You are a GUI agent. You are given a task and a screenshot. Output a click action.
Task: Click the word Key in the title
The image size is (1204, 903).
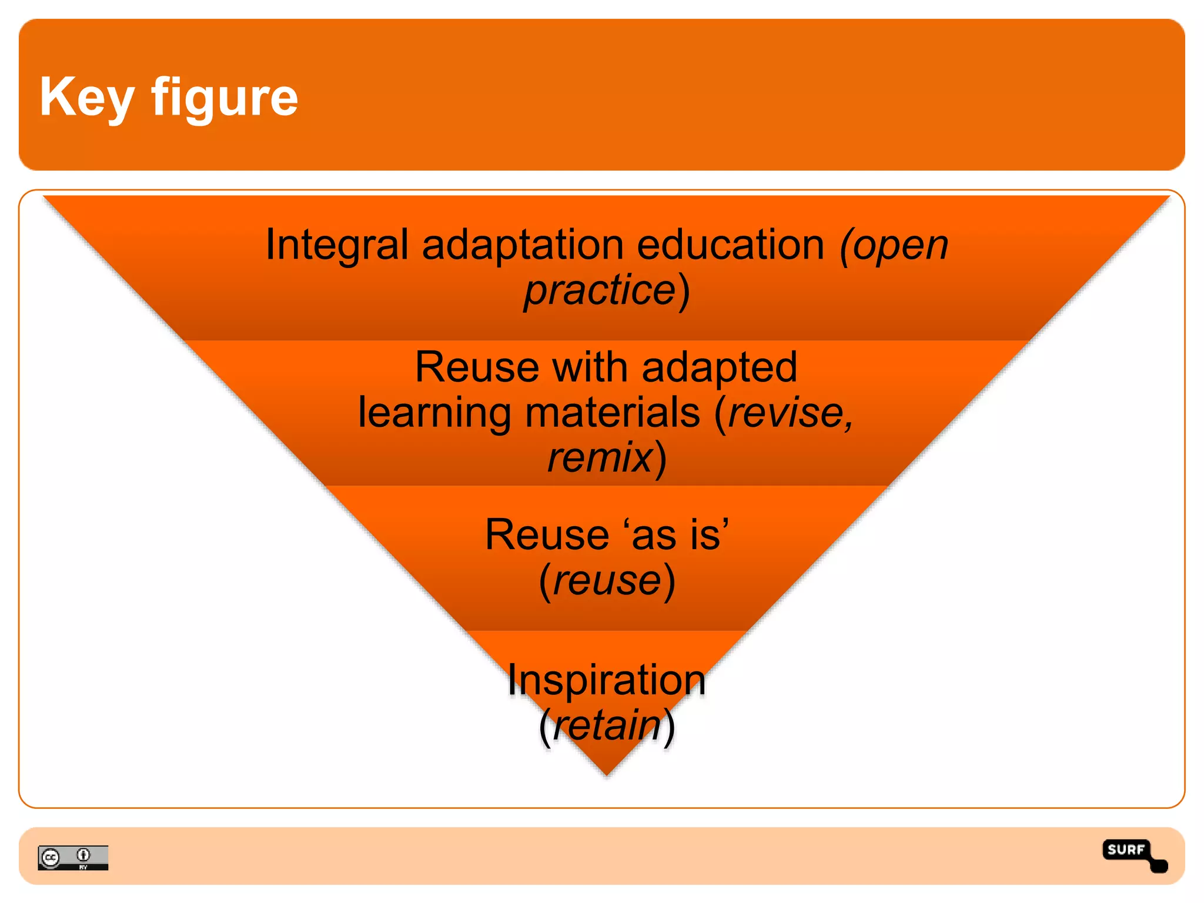86,98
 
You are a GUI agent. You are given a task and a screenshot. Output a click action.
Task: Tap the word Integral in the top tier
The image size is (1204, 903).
336,245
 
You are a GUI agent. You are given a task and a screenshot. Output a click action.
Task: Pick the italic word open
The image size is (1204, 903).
899,245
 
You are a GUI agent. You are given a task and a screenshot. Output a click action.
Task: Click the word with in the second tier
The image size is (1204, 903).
590,367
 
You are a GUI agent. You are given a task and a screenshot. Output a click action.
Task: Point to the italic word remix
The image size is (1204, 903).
600,457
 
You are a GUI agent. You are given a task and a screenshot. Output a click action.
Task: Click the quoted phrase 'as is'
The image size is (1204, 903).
677,535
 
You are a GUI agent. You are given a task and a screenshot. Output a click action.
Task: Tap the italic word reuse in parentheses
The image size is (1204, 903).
607,581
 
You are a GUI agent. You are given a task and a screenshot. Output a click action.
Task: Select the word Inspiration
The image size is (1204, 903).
606,680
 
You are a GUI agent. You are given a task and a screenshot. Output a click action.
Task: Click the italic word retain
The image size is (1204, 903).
607,725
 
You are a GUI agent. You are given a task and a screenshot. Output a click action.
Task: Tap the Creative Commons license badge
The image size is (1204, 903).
73,858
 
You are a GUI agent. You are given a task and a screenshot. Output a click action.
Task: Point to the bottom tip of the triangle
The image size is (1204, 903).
607,774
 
